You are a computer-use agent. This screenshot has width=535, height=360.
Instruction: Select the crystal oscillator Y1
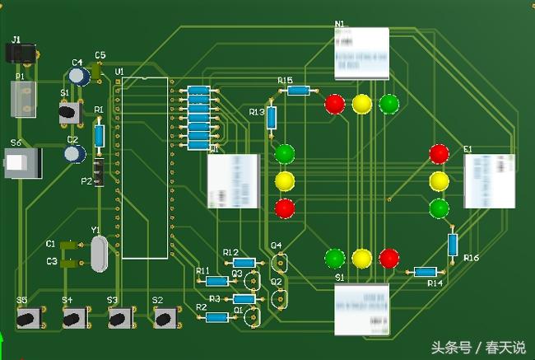(x=99, y=253)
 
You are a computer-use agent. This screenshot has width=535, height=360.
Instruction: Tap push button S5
(x=27, y=318)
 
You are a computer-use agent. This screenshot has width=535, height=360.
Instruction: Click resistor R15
(x=298, y=91)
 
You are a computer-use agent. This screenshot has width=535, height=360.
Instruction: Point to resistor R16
(x=453, y=244)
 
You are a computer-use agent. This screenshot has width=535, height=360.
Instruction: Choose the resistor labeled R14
(x=425, y=272)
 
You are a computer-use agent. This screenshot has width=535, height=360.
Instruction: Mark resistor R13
(x=272, y=118)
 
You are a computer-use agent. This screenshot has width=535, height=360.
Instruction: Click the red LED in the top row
(x=335, y=104)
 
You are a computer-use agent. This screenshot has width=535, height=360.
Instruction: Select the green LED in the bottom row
(x=335, y=258)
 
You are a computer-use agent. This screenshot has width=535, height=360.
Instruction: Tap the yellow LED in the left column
(x=285, y=180)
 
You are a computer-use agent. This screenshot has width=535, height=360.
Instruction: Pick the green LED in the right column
(x=440, y=208)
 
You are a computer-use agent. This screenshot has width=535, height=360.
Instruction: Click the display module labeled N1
(x=361, y=54)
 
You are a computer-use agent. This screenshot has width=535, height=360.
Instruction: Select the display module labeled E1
(x=489, y=180)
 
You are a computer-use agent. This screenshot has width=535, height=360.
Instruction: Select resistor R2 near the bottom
(x=217, y=317)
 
